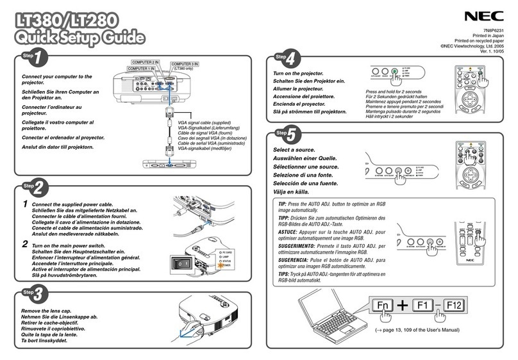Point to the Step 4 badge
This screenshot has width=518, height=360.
(x=286, y=59)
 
